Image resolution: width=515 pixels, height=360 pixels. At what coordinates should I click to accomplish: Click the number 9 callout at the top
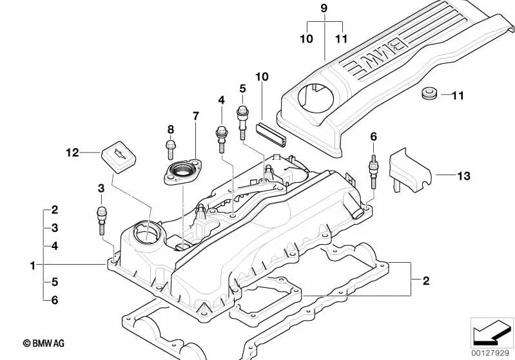pos(324,8)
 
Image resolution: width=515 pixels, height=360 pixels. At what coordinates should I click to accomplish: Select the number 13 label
pos(463,175)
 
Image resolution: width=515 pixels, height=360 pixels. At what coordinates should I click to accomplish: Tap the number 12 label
pos(72,153)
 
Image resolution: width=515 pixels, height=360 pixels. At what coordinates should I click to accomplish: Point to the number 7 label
pos(196,116)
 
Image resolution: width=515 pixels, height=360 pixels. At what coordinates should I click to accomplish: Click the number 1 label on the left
pos(32,265)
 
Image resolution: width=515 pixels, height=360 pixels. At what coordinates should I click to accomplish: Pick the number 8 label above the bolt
pos(171,129)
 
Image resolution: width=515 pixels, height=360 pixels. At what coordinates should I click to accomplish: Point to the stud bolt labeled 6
pos(373,169)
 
